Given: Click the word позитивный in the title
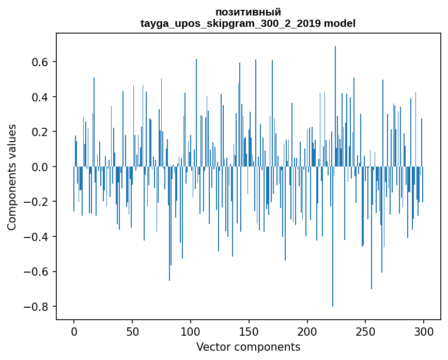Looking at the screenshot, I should point(248,12).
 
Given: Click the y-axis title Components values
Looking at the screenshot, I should point(12,177).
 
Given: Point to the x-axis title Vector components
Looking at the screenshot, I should point(248,347).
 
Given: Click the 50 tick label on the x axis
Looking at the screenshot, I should point(132,331).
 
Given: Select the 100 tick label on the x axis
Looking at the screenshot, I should point(191,331).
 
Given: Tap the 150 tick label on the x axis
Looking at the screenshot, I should point(249,331).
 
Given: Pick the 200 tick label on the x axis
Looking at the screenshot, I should point(307,331).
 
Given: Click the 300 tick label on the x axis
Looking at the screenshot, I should point(424,331).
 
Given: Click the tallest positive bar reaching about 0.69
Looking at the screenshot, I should point(335,103).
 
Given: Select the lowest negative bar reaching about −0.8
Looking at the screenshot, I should point(333,238).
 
